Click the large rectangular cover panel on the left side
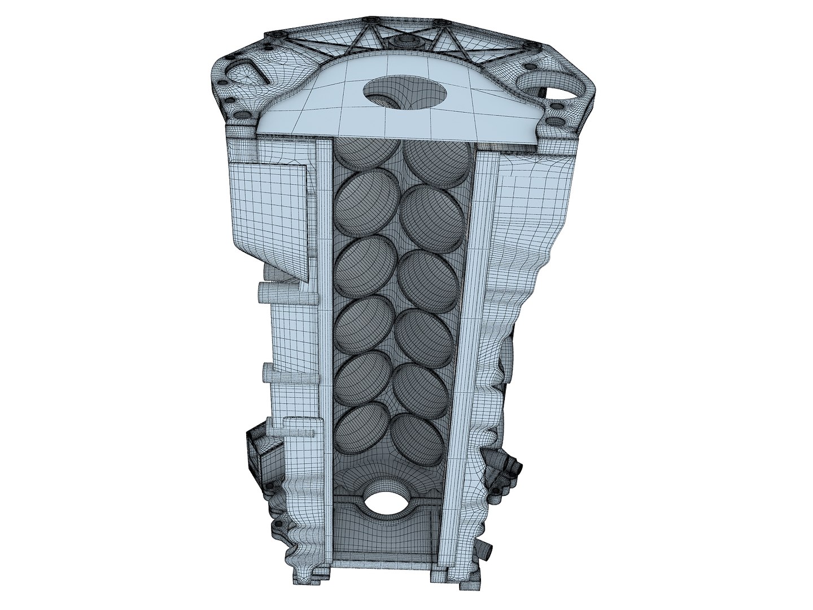tap(269, 217)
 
